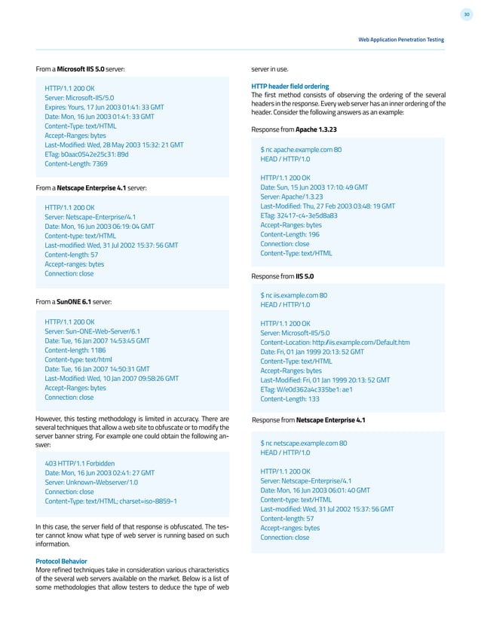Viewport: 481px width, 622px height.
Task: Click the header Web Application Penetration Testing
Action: coord(401,39)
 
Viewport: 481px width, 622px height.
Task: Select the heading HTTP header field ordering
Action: coord(290,86)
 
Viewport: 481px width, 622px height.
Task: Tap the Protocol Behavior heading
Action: coord(61,560)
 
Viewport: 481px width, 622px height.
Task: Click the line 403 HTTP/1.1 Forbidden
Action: coord(81,462)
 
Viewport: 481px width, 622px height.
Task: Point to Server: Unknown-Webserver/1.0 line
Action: coord(91,481)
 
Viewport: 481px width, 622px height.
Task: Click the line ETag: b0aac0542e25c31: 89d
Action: coord(87,154)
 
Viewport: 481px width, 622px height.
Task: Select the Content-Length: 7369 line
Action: coord(76,163)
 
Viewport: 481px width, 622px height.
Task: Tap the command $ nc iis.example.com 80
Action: coord(293,295)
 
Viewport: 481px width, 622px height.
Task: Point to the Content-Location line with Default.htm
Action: coord(335,342)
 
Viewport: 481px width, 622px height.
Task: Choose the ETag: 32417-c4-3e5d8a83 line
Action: coord(299,215)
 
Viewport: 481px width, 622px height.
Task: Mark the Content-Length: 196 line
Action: coord(290,234)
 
